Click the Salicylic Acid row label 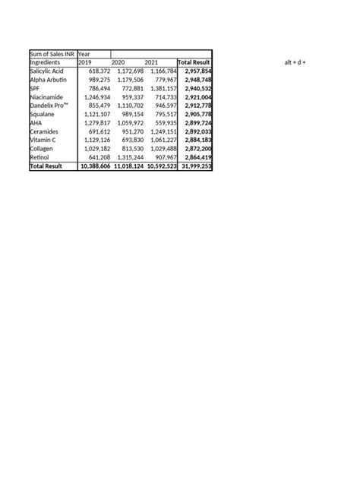(47, 71)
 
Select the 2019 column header (84, 62)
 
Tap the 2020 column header (118, 62)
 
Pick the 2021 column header (152, 62)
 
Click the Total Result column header (194, 62)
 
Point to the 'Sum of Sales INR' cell (52, 53)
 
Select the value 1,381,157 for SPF (160, 88)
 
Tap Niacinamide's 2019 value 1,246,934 (95, 97)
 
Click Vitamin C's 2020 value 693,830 (128, 141)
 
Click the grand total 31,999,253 (194, 166)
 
